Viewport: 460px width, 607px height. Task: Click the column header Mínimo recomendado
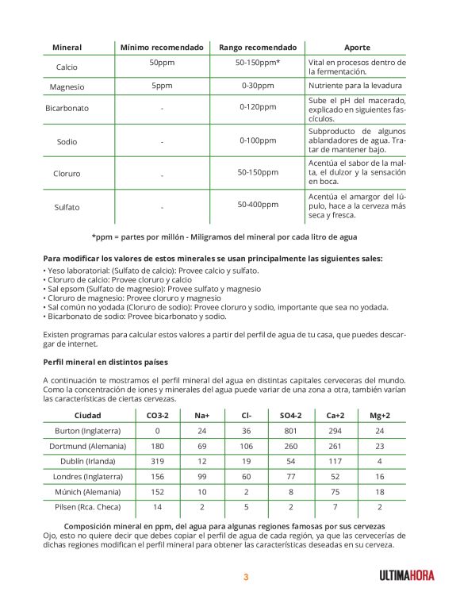(x=162, y=48)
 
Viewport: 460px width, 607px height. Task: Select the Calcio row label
(x=67, y=67)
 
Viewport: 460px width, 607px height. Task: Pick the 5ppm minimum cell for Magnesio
(x=162, y=85)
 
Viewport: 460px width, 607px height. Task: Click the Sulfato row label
(x=67, y=207)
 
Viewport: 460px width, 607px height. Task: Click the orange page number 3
(x=246, y=577)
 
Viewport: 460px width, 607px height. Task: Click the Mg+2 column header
(x=380, y=415)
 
